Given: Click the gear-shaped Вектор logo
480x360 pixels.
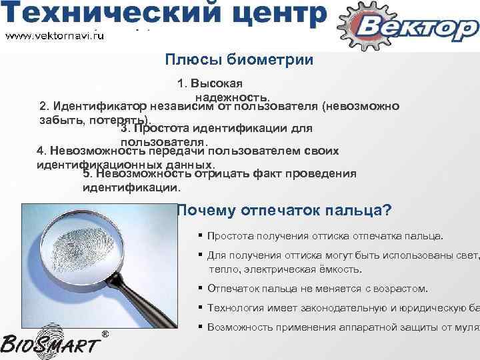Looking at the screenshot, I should [x=409, y=27].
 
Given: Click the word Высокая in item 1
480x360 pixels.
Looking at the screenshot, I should [x=221, y=85].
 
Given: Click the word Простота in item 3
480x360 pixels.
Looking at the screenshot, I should [x=163, y=128].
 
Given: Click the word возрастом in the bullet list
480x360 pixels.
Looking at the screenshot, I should [x=404, y=289].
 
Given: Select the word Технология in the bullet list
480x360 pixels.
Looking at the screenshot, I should [x=233, y=308].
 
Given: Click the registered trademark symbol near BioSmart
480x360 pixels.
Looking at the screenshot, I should [x=104, y=333].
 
